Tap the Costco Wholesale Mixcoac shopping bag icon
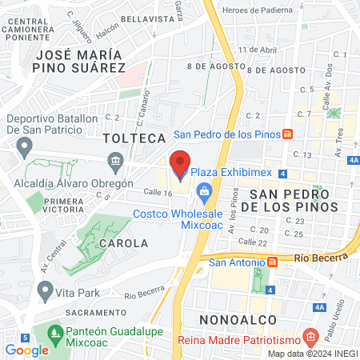tap(205, 190)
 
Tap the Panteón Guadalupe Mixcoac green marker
tap(54, 331)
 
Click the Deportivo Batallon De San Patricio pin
tap(26, 147)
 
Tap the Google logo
tap(26, 350)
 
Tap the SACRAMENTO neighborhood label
tap(95, 312)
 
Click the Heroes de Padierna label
tap(260, 10)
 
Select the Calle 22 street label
tap(253, 242)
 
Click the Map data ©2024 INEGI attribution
tap(313, 354)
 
